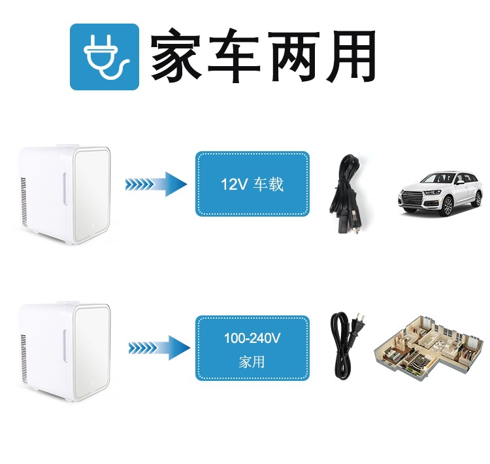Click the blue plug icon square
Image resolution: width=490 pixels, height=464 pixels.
pos(105,57)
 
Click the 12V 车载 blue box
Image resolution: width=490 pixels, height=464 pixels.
pos(252,184)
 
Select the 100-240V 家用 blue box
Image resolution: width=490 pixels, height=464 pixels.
pos(252,348)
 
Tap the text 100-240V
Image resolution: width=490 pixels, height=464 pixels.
pos(252,339)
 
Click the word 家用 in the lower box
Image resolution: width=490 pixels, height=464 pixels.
pos(252,362)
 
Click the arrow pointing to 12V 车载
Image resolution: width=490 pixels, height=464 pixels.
pos(155,184)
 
